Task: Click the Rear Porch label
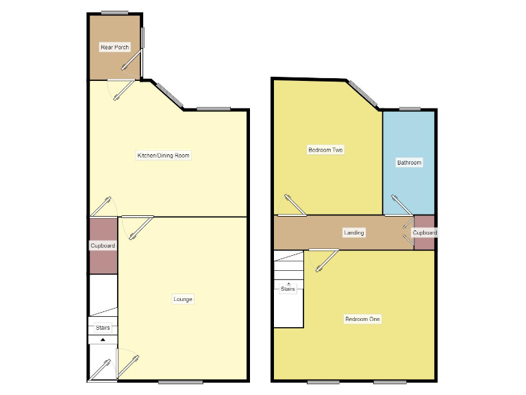[x=114, y=47]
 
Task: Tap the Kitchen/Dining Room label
[x=163, y=156]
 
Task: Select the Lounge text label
[x=183, y=299]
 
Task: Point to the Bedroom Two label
[x=325, y=149]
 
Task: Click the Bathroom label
[x=409, y=163]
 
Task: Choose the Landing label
[x=354, y=233]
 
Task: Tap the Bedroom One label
[x=362, y=319]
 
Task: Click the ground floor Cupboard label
[x=103, y=246]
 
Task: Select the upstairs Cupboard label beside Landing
[x=425, y=233]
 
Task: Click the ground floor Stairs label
[x=103, y=328]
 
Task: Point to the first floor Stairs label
[x=288, y=289]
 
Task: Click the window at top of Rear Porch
[x=115, y=12]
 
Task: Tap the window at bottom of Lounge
[x=181, y=382]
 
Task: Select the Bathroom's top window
[x=410, y=108]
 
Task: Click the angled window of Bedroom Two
[x=362, y=94]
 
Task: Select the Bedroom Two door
[x=292, y=205]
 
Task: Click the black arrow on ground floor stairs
[x=103, y=339]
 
